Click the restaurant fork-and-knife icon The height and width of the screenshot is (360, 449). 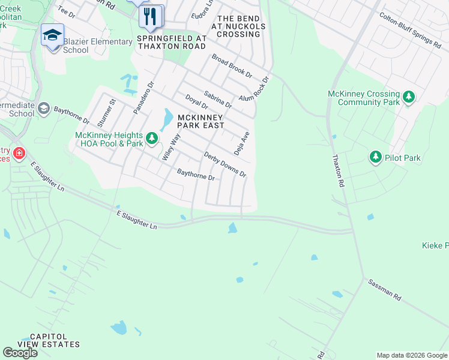tap(151, 16)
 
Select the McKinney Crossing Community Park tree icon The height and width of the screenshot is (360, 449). tap(409, 97)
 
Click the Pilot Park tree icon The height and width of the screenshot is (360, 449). tap(376, 157)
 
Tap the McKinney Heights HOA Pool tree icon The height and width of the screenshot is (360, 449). tap(152, 139)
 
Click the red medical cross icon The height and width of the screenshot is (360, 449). tap(19, 154)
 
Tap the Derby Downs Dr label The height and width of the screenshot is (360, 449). tap(225, 164)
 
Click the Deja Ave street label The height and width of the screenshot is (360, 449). tap(241, 143)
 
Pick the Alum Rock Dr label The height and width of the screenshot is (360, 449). tap(255, 89)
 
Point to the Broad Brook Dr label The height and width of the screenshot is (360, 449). tap(231, 65)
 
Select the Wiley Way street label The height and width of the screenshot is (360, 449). tap(171, 146)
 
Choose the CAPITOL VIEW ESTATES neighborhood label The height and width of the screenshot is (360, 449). tap(48, 340)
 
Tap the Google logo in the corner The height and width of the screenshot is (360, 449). tap(20, 353)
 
